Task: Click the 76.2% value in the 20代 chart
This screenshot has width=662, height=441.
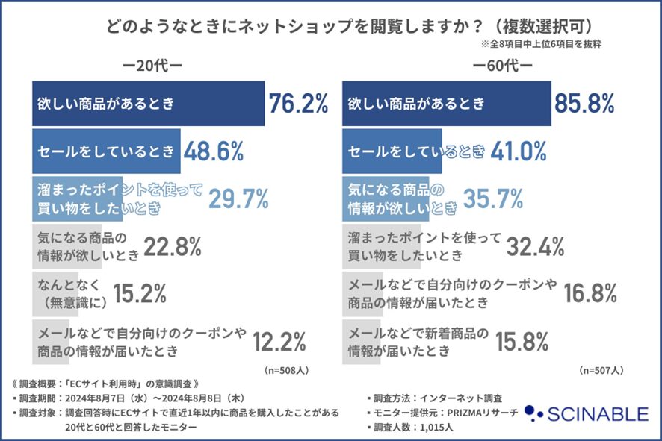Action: click(x=298, y=104)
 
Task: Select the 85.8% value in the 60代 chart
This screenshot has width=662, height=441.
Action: click(x=584, y=104)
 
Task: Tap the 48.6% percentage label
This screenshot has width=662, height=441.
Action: click(x=214, y=151)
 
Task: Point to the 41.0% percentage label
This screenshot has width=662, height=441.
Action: click(x=520, y=151)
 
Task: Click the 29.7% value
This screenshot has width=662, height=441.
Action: click(x=238, y=199)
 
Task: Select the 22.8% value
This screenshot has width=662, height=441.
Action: click(x=173, y=247)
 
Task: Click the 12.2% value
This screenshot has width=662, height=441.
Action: click(x=279, y=343)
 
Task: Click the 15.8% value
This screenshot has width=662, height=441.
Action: click(x=522, y=343)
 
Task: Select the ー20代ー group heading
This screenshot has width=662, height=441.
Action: click(x=153, y=66)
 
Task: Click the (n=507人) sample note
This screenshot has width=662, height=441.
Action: click(x=601, y=369)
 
